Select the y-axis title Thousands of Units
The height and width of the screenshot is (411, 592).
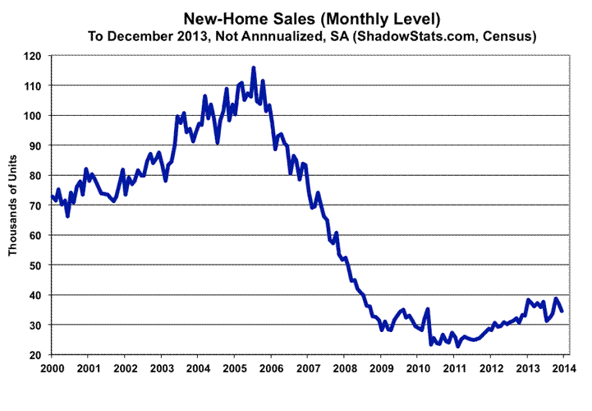point(14,205)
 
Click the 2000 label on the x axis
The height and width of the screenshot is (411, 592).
point(52,367)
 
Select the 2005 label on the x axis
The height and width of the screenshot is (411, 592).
point(235,367)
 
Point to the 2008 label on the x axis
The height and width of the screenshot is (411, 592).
point(345,367)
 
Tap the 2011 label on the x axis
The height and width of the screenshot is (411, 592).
point(455,367)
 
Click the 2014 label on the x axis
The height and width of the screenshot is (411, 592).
point(564,367)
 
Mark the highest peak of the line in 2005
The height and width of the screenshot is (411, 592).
point(254,68)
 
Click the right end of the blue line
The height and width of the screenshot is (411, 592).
point(562,311)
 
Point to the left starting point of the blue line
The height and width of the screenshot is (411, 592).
point(53,196)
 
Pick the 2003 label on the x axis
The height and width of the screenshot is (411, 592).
point(162,367)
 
